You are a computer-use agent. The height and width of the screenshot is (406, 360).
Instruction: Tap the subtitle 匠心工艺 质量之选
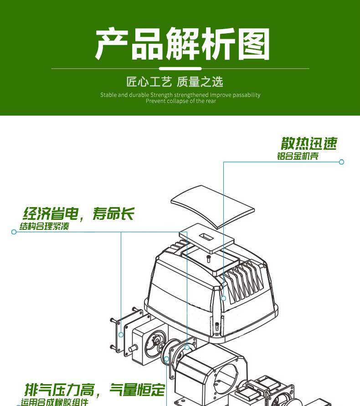click(175, 82)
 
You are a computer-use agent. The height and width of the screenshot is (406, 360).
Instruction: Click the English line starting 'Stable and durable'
click(180, 95)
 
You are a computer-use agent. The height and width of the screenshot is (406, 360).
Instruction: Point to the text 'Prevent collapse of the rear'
click(181, 101)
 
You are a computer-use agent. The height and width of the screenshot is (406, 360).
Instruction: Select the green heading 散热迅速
click(309, 144)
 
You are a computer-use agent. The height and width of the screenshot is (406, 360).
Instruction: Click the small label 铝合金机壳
click(298, 156)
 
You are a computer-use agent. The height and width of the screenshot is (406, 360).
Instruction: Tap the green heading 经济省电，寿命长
click(78, 213)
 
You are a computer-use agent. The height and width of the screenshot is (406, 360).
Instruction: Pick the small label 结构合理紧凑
click(44, 226)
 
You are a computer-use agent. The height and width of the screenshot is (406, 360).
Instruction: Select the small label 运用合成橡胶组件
click(54, 402)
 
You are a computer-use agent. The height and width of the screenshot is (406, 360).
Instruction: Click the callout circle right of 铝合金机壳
click(341, 162)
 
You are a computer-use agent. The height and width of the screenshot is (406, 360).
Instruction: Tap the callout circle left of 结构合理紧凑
click(14, 232)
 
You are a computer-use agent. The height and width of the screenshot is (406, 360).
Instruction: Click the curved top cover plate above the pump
click(212, 205)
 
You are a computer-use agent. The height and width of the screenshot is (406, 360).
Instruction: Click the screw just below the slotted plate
click(209, 258)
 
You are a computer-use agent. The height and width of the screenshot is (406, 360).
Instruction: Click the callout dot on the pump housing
click(223, 298)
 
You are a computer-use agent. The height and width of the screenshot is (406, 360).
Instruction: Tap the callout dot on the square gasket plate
click(121, 335)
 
